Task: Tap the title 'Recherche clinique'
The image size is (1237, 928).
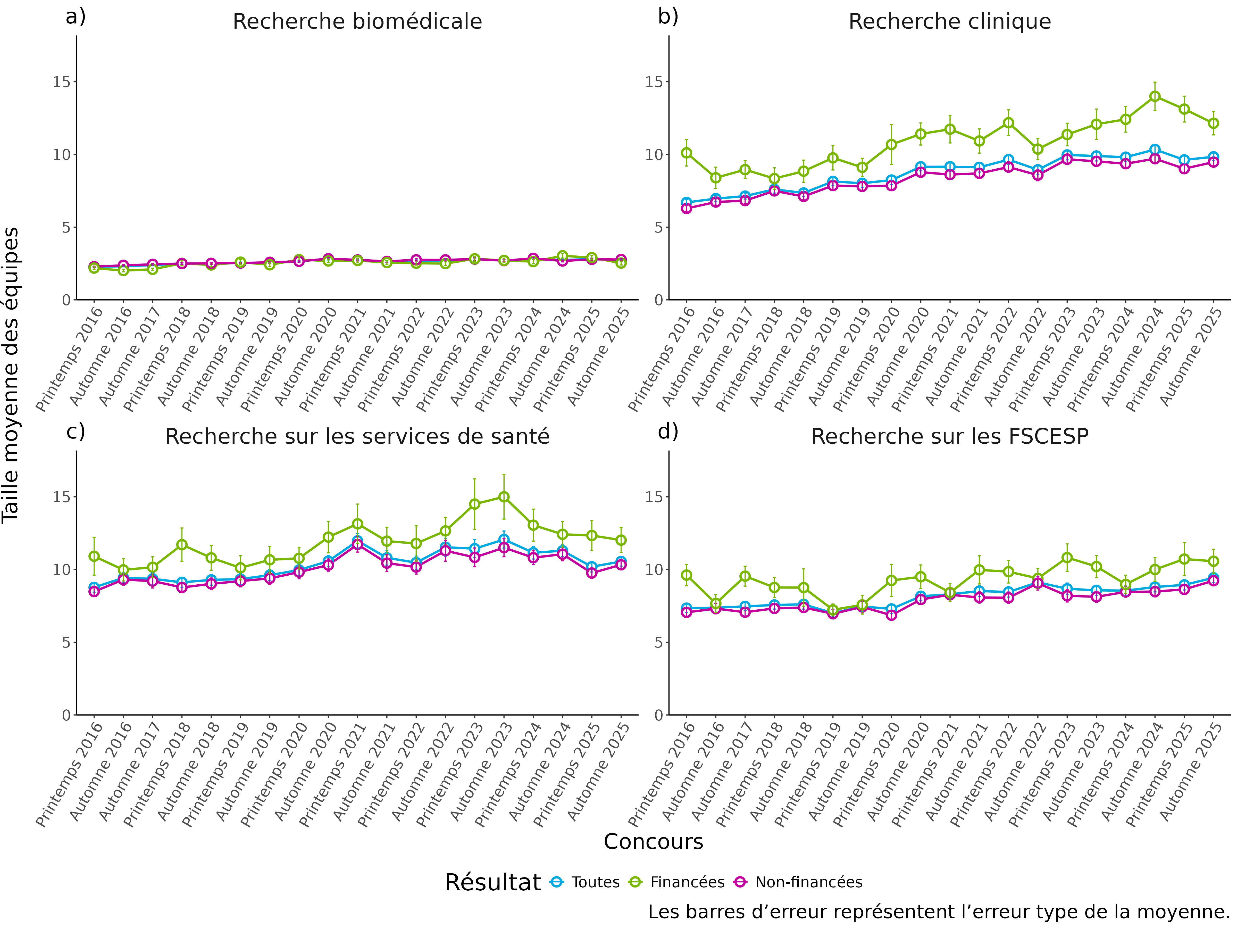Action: pyautogui.click(x=950, y=22)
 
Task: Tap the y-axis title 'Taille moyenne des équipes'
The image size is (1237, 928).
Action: pyautogui.click(x=11, y=375)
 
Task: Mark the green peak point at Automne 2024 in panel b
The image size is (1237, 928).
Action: pyautogui.click(x=1154, y=96)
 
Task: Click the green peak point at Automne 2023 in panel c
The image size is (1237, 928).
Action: pyautogui.click(x=504, y=497)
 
